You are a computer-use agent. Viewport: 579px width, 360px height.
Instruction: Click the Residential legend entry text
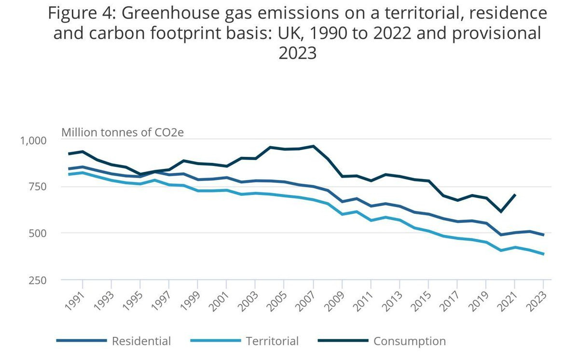point(141,341)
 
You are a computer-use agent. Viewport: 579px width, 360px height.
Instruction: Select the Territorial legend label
point(272,341)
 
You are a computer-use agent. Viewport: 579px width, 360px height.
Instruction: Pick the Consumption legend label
point(410,341)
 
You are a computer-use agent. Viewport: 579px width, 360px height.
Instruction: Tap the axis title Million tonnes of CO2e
point(123,132)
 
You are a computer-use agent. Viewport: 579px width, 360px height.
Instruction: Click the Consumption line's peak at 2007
point(313,146)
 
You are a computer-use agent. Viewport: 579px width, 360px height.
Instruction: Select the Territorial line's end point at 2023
point(544,254)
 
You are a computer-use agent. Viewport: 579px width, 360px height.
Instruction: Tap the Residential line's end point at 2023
point(544,235)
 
